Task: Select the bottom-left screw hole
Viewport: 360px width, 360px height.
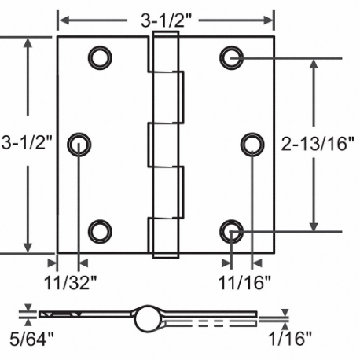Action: (x=100, y=230)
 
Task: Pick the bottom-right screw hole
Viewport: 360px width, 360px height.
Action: (x=230, y=230)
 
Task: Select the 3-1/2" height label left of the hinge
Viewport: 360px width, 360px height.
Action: (x=26, y=143)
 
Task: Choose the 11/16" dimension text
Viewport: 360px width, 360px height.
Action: (x=243, y=279)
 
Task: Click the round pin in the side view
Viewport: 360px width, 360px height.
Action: (x=145, y=318)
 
